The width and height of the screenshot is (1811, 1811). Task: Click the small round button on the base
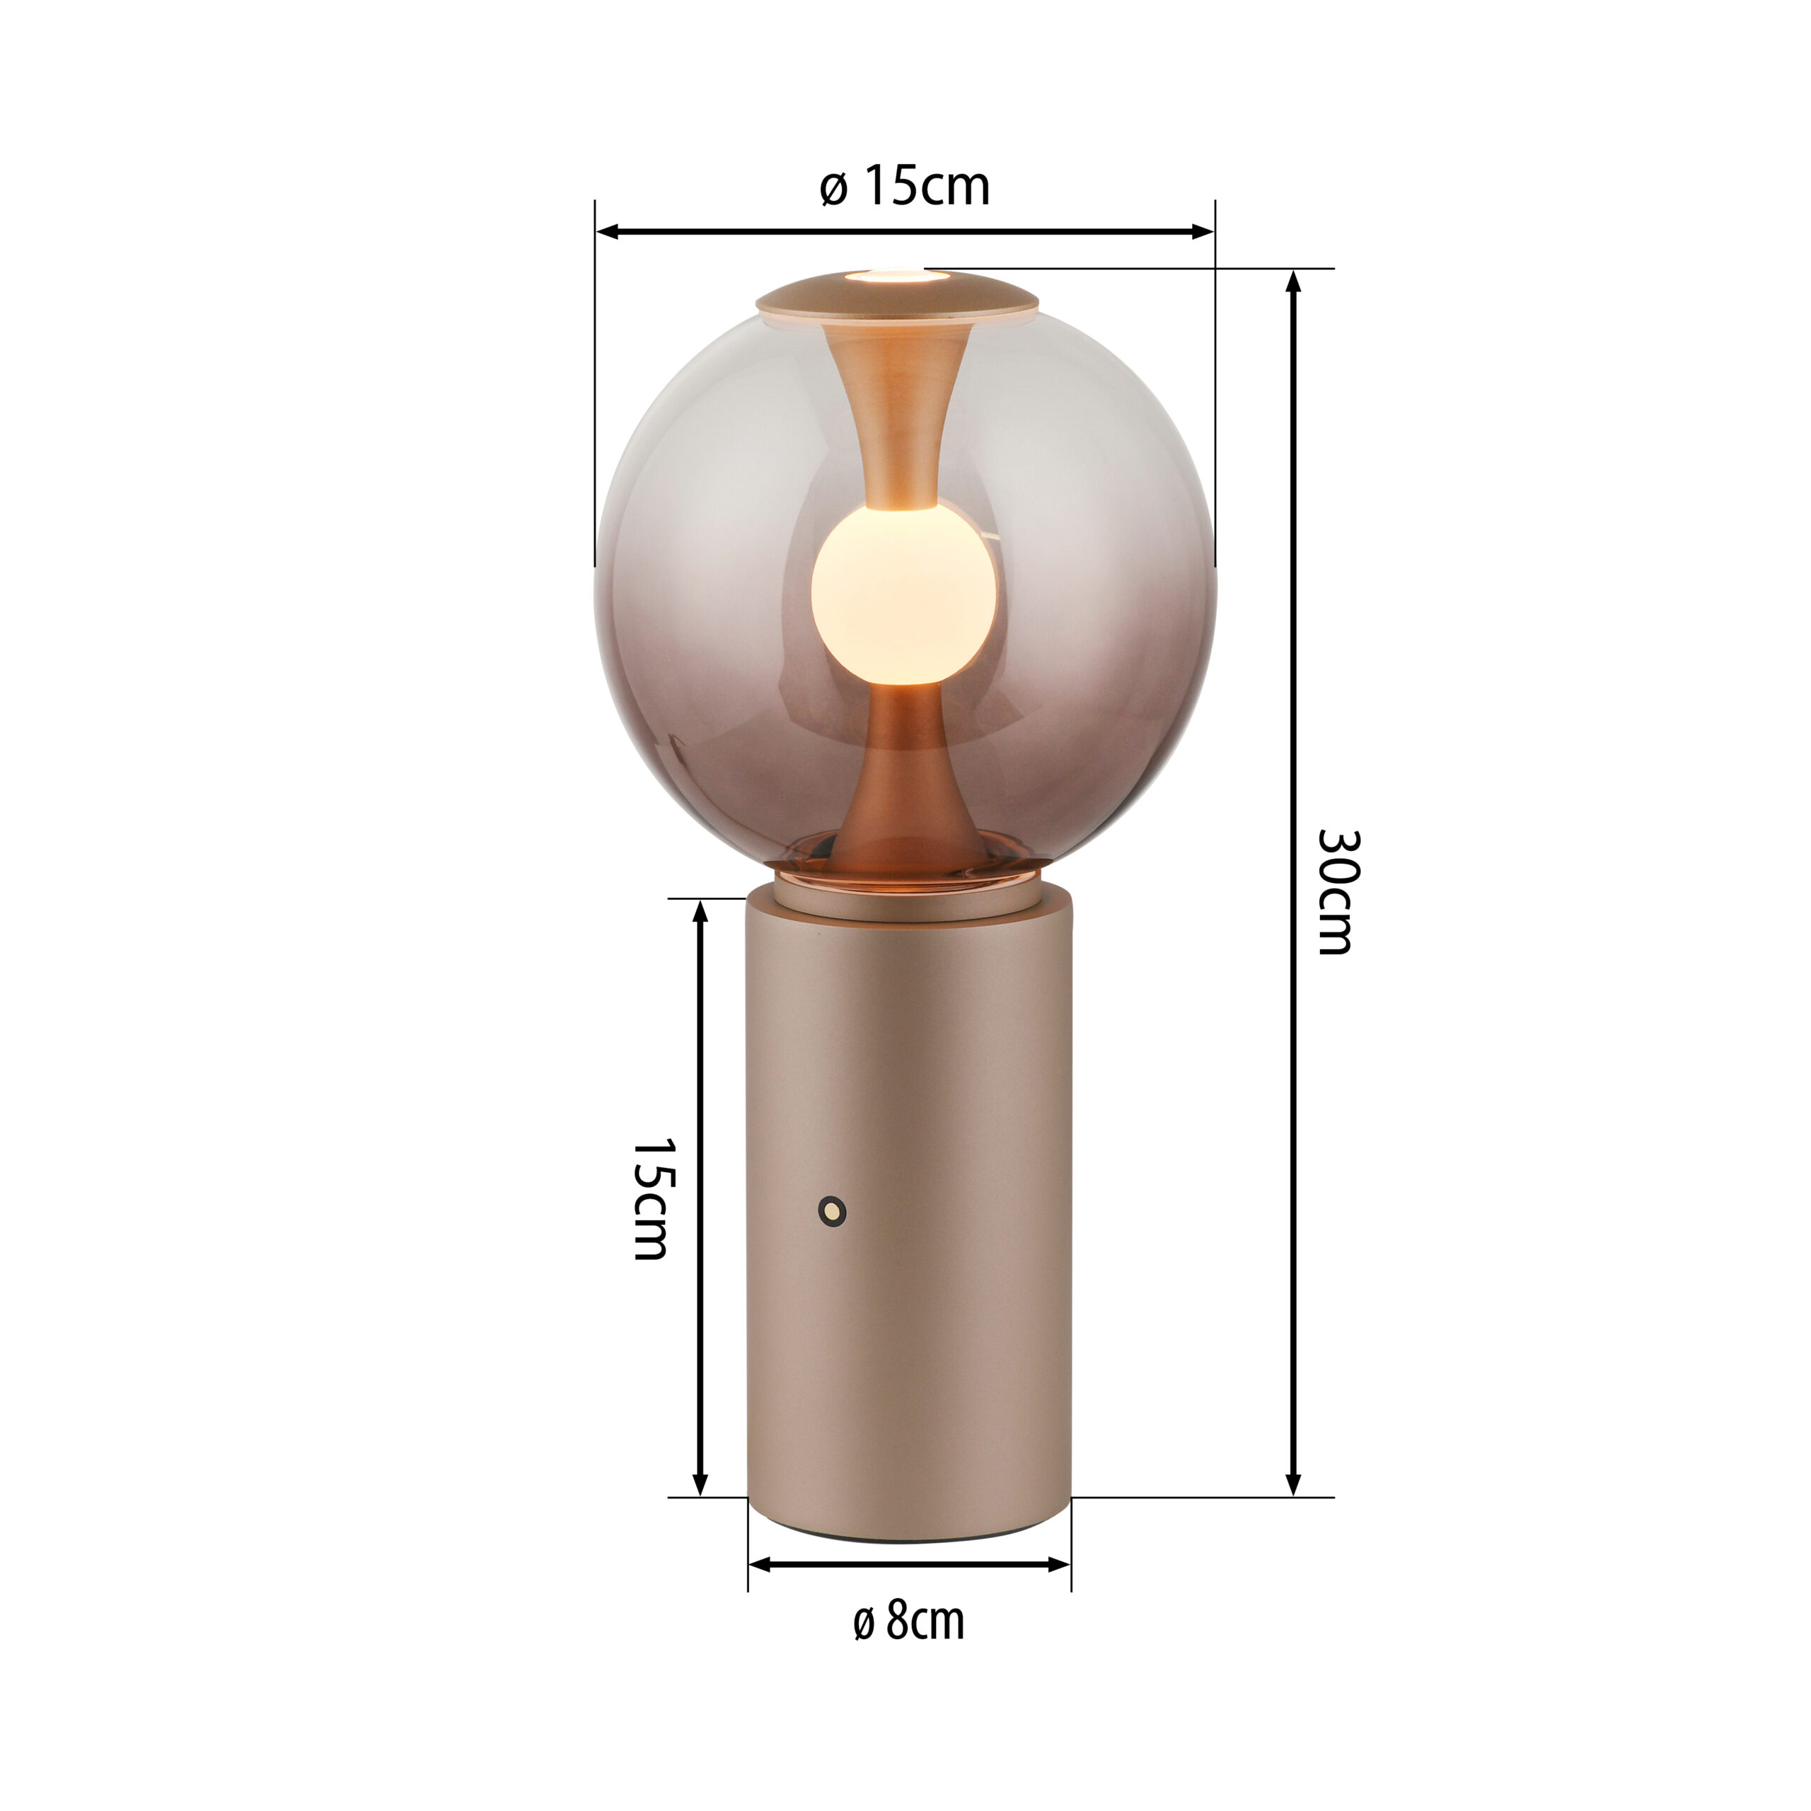click(x=831, y=1211)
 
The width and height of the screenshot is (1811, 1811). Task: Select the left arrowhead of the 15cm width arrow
click(x=608, y=231)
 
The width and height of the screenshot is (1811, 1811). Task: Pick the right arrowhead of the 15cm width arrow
click(x=1203, y=231)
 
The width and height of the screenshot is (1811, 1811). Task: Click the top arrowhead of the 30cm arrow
click(x=1294, y=283)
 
